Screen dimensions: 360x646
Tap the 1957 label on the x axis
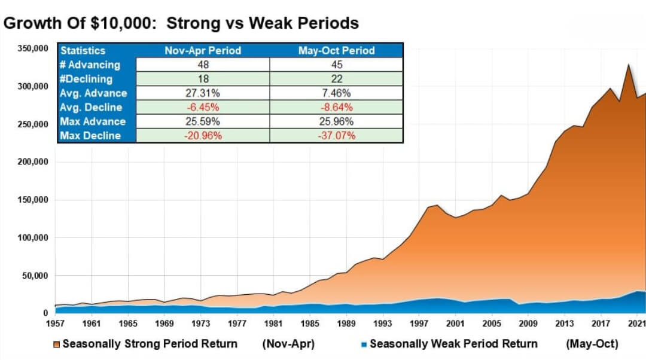pos(55,324)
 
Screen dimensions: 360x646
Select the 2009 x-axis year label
pos(528,324)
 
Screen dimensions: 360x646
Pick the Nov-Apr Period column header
pos(203,51)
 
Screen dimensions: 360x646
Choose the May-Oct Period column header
pos(336,51)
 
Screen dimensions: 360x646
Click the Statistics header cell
pos(83,51)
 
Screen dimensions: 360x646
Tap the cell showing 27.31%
pos(203,93)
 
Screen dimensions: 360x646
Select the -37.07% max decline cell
pos(336,136)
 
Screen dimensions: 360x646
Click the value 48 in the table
pos(203,65)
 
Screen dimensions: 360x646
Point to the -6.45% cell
pos(203,108)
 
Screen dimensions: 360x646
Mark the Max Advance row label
pos(93,121)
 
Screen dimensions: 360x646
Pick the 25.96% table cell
pos(336,121)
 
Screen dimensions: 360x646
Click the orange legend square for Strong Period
pos(57,344)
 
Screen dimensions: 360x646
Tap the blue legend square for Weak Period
pos(364,344)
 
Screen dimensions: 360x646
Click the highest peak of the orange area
pos(629,65)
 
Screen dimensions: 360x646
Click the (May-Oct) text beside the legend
pos(592,344)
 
